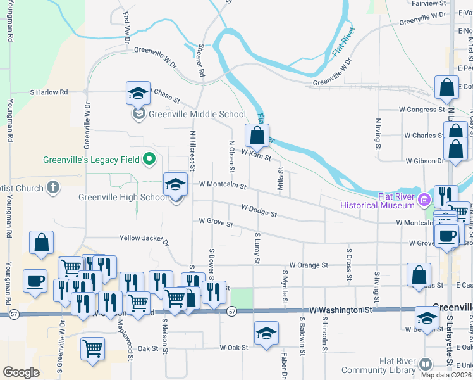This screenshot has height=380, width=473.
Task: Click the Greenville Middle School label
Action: pyautogui.click(x=196, y=115)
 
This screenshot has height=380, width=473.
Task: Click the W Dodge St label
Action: pyautogui.click(x=259, y=210)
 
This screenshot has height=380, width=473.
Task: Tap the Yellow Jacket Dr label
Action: pyautogui.click(x=145, y=239)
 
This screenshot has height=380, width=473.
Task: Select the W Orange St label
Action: pyautogui.click(x=309, y=265)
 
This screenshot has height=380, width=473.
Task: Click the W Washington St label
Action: pyautogui.click(x=341, y=310)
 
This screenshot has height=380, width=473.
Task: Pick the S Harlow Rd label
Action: pyautogui.click(x=49, y=92)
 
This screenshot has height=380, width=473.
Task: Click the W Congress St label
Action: pyautogui.click(x=410, y=110)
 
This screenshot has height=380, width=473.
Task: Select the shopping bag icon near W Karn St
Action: pyautogui.click(x=257, y=135)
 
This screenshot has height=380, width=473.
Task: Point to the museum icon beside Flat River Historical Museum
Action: pyautogui.click(x=423, y=200)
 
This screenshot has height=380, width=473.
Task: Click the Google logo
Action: pyautogui.click(x=21, y=372)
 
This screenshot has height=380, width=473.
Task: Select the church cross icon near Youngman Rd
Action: pyautogui.click(x=54, y=188)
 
